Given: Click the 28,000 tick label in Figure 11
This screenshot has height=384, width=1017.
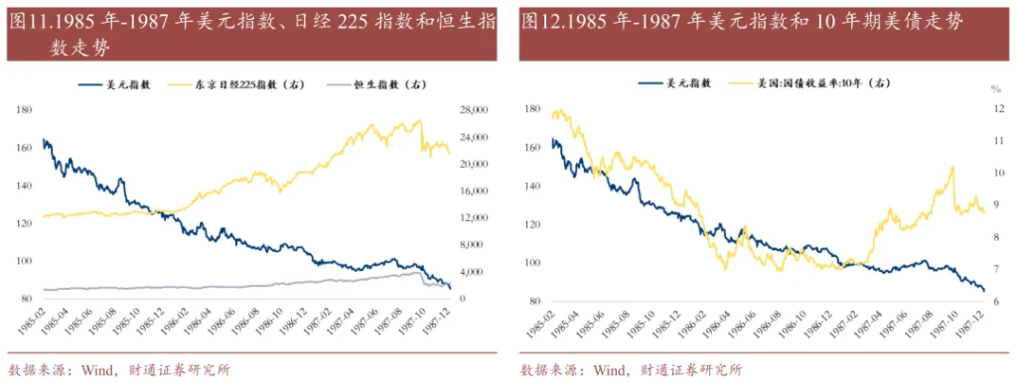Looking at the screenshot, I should click(x=473, y=108).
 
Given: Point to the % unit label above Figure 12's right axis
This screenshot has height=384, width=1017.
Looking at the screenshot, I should click(x=995, y=89).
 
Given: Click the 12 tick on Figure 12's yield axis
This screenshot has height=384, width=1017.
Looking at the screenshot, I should click(x=996, y=109).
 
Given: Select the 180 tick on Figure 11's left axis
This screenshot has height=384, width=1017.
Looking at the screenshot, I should click(x=24, y=108).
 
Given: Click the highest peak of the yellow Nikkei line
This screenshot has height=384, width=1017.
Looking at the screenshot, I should click(x=418, y=121).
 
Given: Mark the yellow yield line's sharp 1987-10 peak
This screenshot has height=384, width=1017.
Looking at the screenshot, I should click(x=952, y=167).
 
